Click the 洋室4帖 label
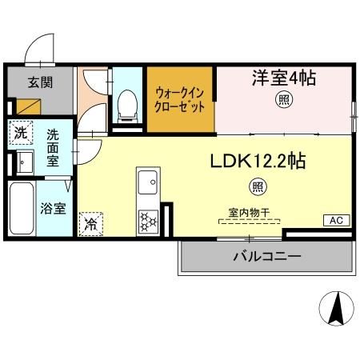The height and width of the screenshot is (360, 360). coord(284,79)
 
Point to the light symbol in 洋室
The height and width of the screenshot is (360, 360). coord(283,100)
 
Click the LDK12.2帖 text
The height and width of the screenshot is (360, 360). coord(257,162)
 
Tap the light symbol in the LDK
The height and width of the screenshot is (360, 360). coord(257,188)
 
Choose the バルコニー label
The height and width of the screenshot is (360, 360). coord(266,258)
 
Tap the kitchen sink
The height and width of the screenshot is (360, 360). coord(148,186)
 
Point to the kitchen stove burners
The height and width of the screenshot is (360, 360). coord(149,219)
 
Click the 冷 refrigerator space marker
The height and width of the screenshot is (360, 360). coord(93,222)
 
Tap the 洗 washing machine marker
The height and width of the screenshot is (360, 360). coord(19,131)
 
